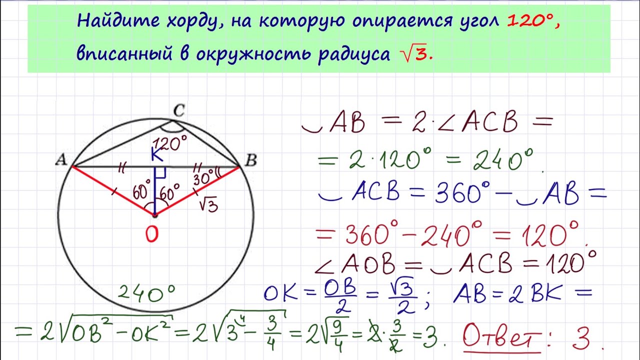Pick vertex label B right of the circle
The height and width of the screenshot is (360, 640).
tap(251, 160)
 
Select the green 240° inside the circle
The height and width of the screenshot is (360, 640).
tap(146, 293)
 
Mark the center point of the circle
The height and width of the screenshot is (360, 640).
tap(154, 215)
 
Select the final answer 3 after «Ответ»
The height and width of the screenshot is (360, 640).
tap(580, 338)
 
